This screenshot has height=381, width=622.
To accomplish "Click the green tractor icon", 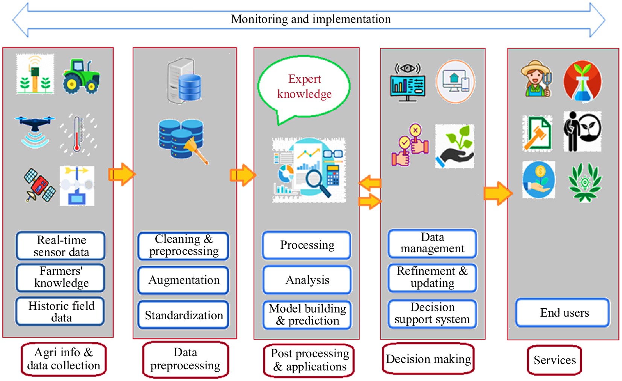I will pos(81,76).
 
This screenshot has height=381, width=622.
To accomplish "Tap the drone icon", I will pos(35,130).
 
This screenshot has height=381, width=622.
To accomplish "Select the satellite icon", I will pos(39,186).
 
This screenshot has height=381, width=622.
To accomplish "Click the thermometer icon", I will pos(77,134).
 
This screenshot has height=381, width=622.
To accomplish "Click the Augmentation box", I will pos(184,280).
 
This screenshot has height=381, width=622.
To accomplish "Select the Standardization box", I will pos(184,315).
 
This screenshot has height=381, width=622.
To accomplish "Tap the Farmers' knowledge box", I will pos(61,277).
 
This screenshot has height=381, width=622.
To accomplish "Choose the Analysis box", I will pos(307,280).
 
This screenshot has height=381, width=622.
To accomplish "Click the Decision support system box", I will pos(432,313).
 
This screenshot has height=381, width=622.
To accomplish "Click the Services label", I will pos(554,360).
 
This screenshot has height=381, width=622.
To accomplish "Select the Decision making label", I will pos(428,359).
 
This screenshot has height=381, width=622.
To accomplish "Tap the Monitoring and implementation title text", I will pos(311,19).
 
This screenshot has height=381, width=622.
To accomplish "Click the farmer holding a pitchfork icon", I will pos(537,79).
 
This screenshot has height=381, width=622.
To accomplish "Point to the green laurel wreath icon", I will pos(584,182).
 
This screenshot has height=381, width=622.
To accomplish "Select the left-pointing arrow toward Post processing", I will pos(370,183).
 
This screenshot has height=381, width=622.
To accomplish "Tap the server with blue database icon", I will pos(184,81).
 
